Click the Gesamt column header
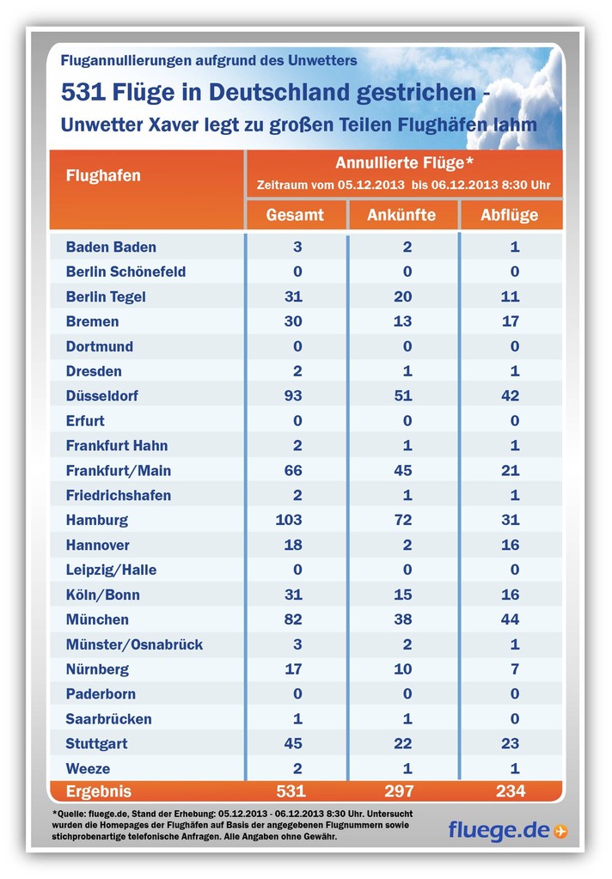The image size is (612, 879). click(x=295, y=216)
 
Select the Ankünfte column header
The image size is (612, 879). click(x=401, y=216)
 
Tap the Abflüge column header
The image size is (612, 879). click(x=510, y=216)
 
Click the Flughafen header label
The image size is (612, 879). click(x=103, y=175)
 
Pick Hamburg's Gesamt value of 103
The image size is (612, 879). click(x=289, y=520)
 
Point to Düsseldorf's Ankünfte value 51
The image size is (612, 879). click(x=403, y=396)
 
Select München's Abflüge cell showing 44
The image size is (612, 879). click(x=510, y=620)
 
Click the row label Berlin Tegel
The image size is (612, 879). click(x=106, y=297)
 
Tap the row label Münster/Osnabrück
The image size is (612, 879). click(x=135, y=644)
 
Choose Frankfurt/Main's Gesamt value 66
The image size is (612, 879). click(x=293, y=470)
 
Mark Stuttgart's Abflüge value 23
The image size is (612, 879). click(x=510, y=744)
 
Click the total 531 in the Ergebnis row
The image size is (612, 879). click(x=291, y=791)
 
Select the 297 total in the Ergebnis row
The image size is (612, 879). click(x=399, y=791)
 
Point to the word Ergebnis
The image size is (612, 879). click(x=99, y=791)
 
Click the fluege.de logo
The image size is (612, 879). click(x=508, y=830)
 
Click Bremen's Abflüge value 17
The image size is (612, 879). click(x=510, y=321)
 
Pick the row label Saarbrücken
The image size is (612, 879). click(x=109, y=719)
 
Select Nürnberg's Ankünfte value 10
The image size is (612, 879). click(x=403, y=669)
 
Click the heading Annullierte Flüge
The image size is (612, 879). click(x=405, y=163)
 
